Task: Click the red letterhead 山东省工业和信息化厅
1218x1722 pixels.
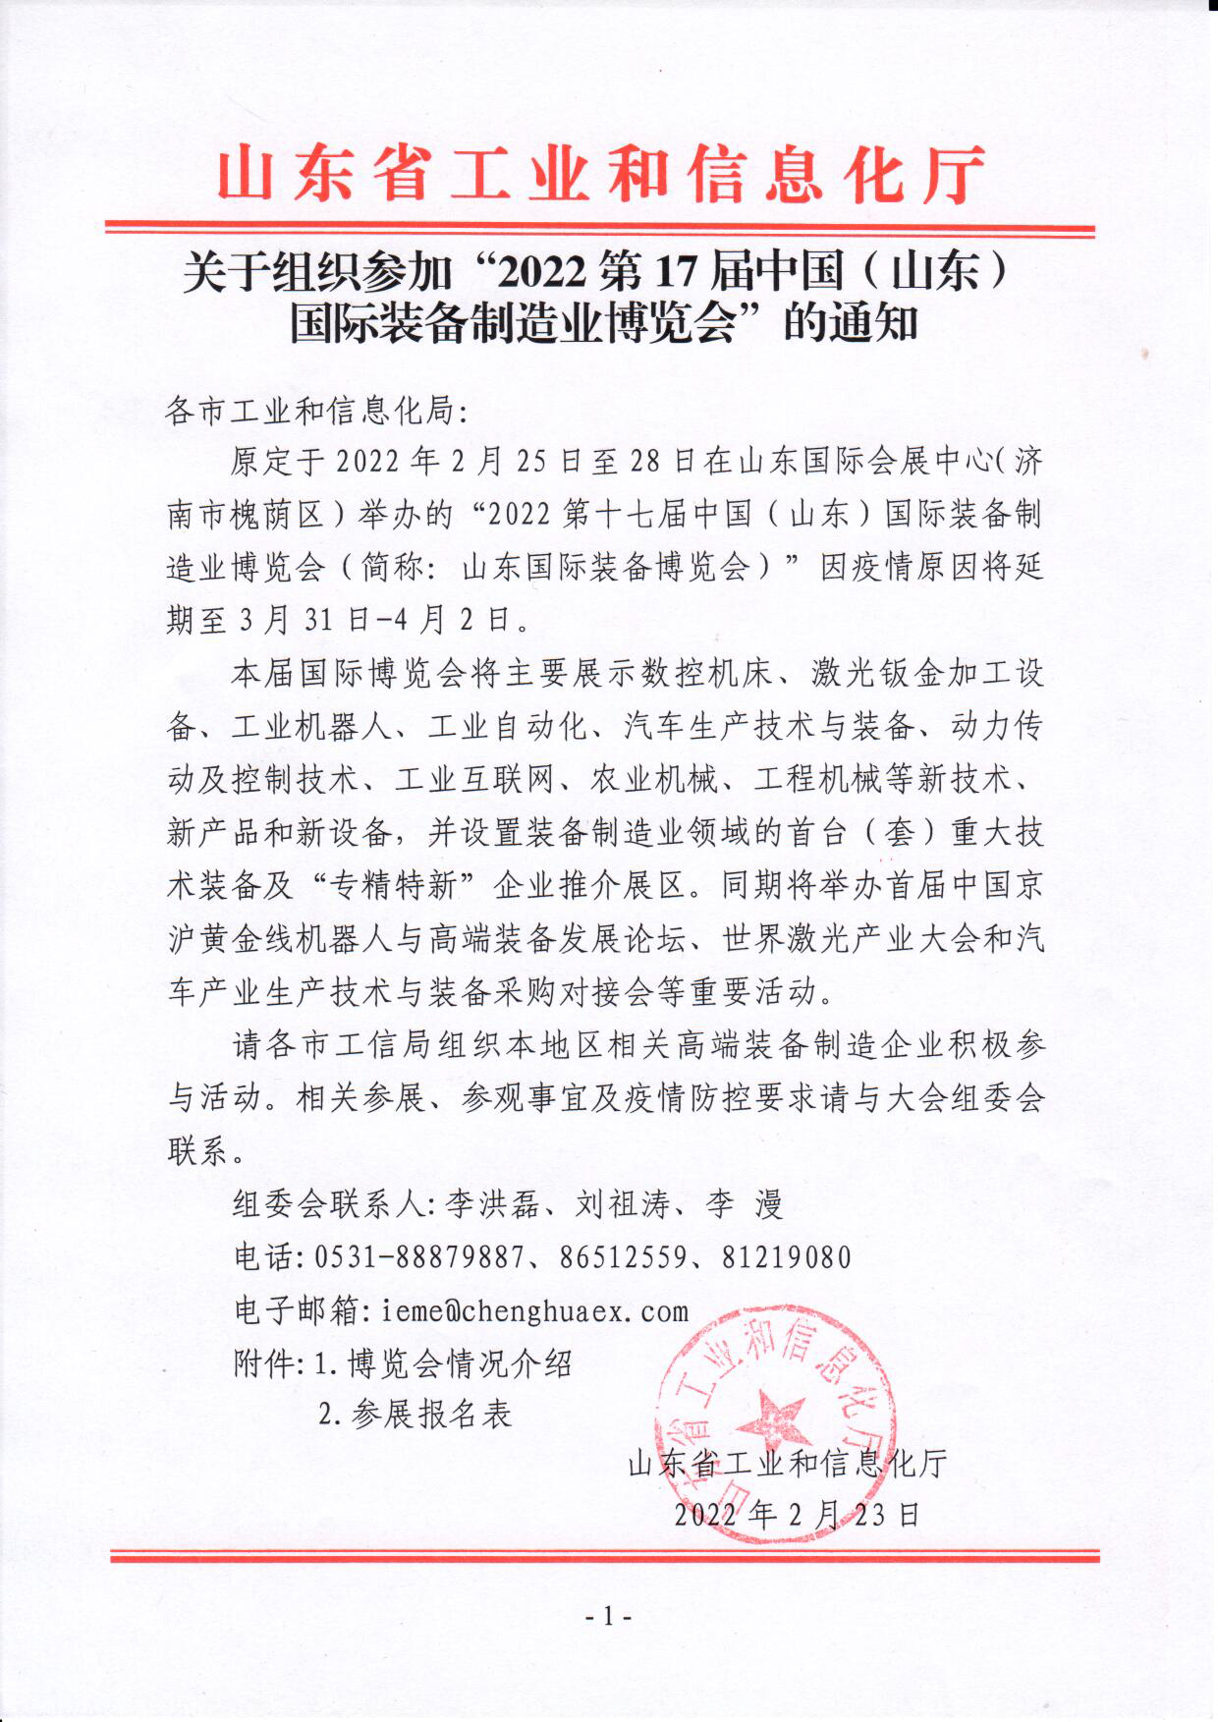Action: (x=600, y=176)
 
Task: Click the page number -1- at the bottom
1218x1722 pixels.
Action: (x=607, y=1616)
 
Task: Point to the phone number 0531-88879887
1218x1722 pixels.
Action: (x=419, y=1257)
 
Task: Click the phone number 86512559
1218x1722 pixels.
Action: (x=623, y=1257)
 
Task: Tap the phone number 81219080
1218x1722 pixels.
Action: (x=786, y=1257)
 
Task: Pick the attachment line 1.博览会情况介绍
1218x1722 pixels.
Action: (x=443, y=1363)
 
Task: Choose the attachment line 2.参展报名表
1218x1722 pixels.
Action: (x=416, y=1415)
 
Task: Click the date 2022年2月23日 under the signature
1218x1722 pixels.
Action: (x=797, y=1514)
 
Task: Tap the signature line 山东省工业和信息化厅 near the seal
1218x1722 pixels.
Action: (x=787, y=1464)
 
